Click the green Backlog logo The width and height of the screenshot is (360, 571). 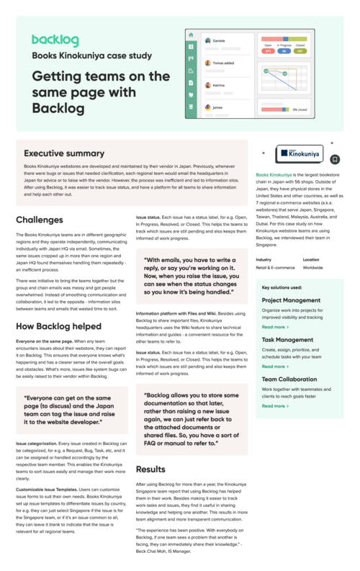click(x=55, y=41)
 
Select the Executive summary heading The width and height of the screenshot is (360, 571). click(x=64, y=153)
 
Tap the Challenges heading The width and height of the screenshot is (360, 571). click(x=39, y=219)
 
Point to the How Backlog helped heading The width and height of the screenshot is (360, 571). click(x=58, y=326)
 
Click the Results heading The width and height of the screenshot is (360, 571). click(x=150, y=469)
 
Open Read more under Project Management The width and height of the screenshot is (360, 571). click(x=274, y=327)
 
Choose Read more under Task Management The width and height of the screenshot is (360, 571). click(x=274, y=367)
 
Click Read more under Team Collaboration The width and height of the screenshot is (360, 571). click(x=274, y=405)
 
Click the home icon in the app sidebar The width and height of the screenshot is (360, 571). click(x=191, y=35)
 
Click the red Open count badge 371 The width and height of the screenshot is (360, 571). click(x=268, y=51)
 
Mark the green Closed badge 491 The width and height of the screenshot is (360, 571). click(x=301, y=51)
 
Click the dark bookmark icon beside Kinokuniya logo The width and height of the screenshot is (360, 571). click(x=336, y=158)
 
